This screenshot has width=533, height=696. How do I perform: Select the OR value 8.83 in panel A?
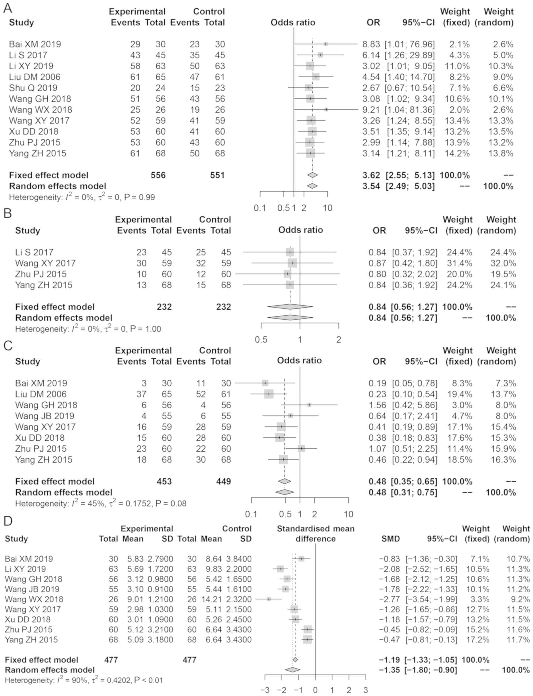click(x=371, y=44)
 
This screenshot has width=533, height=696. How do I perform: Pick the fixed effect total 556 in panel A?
click(x=158, y=175)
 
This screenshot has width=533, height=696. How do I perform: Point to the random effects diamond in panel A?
click(x=312, y=186)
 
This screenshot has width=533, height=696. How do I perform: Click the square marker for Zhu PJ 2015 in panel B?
click(x=287, y=274)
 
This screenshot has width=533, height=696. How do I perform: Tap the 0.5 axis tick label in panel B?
click(x=261, y=340)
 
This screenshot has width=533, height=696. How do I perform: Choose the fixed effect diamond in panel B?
click(x=290, y=307)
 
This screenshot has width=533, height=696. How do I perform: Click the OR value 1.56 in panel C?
click(x=377, y=405)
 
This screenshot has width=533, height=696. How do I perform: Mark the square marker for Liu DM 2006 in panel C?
click(x=269, y=394)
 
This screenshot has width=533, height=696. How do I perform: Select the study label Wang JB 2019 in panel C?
click(x=44, y=416)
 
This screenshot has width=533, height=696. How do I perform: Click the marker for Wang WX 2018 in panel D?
click(x=269, y=599)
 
